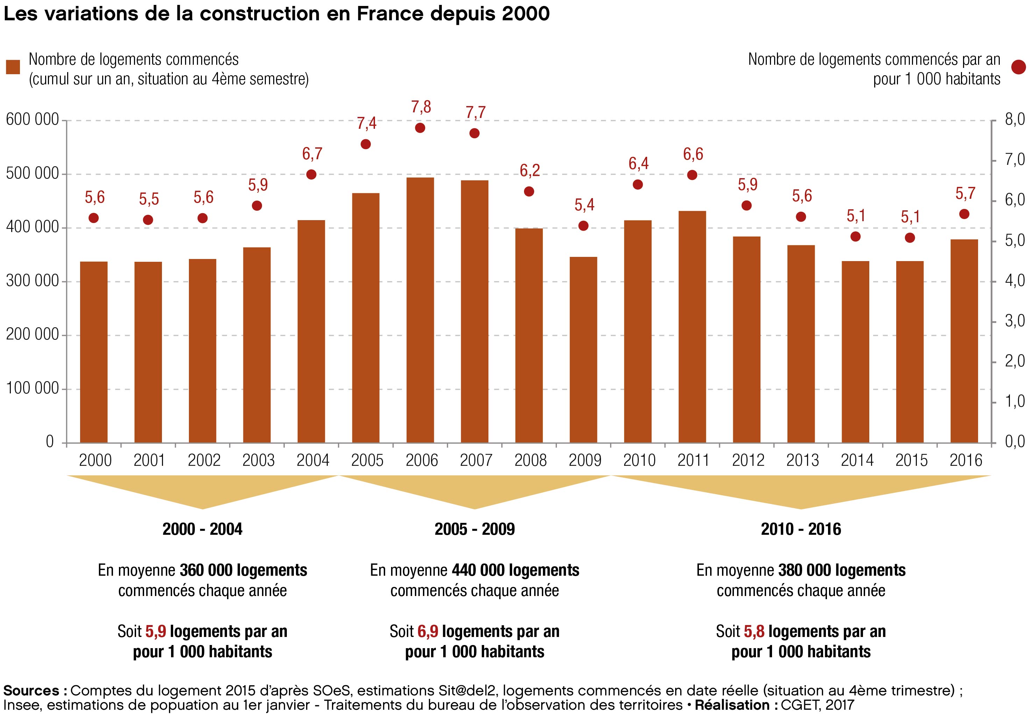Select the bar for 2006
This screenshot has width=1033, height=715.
point(420,310)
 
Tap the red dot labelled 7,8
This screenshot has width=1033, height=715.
point(420,128)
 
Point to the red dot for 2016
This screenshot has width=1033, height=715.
point(964,214)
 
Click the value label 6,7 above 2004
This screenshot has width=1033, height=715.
point(312,154)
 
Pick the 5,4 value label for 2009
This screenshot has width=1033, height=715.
point(584,205)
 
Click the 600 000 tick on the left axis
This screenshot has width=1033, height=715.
point(32,120)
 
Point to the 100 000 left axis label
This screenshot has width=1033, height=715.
point(32,388)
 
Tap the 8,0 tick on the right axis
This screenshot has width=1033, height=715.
point(1015,120)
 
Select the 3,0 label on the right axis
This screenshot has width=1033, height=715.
point(1015,321)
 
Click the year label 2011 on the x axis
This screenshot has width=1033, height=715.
point(693,461)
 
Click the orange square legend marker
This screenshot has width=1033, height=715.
point(13,67)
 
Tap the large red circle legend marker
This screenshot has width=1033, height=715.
point(1018,68)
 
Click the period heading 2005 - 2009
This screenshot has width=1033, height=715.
point(475,529)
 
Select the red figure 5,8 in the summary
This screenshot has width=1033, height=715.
point(754,631)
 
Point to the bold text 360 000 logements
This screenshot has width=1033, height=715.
point(243,570)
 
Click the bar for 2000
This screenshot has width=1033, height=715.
point(94,352)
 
